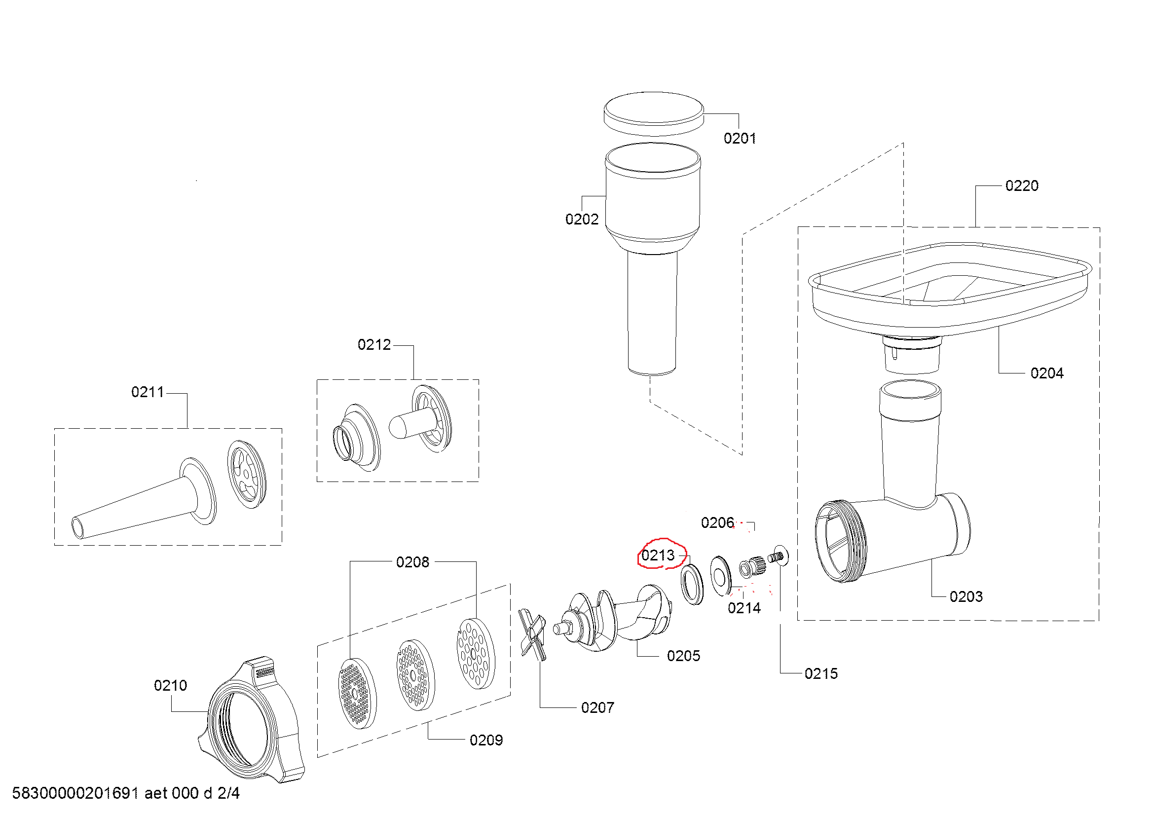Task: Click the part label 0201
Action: [x=740, y=138]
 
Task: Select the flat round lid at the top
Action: [x=653, y=113]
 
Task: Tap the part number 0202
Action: [x=582, y=219]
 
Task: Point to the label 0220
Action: [x=1021, y=185]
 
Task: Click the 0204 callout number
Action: [x=1046, y=373]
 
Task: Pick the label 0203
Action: [x=966, y=596]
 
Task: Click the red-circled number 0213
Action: [x=658, y=555]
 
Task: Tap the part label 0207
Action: [x=597, y=707]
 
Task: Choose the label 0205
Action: [x=683, y=656]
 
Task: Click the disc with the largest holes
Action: [x=475, y=653]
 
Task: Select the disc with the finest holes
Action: [x=356, y=693]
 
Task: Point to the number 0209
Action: [x=485, y=740]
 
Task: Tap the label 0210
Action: [x=170, y=685]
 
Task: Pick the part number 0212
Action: [x=373, y=344]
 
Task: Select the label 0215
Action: [x=821, y=673]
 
